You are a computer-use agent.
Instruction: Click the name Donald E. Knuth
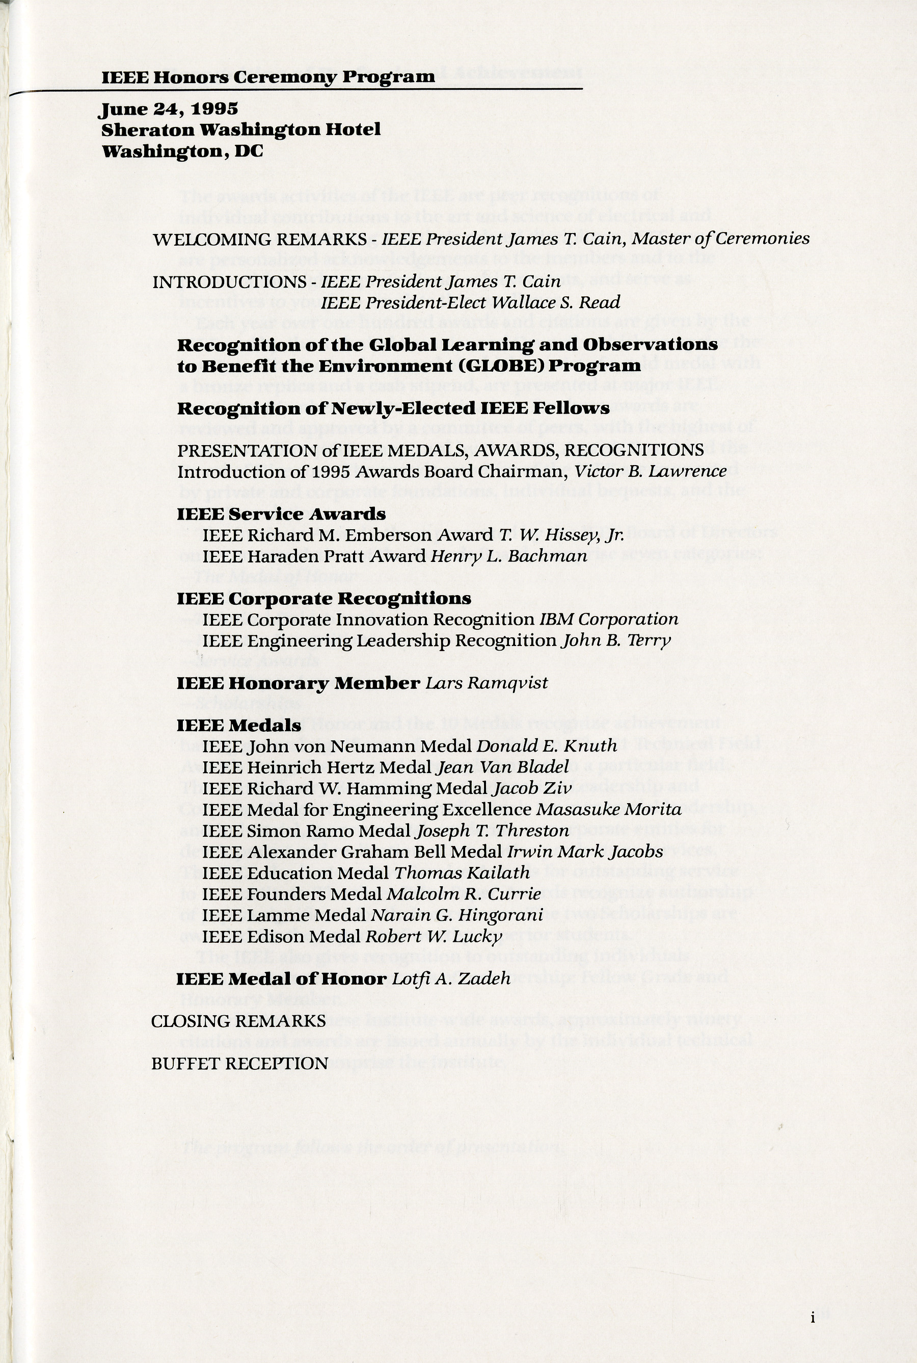pos(547,745)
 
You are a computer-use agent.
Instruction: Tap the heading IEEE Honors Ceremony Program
pos(268,76)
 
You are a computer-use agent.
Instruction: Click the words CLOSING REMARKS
pos(238,1021)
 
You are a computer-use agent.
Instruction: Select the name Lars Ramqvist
pos(487,683)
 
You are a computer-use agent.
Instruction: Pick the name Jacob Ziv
pos(532,788)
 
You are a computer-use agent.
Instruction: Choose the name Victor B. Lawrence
pos(651,471)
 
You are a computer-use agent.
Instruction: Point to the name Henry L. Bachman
pos(508,556)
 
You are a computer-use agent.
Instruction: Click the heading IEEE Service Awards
pos(281,514)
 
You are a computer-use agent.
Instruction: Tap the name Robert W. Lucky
pos(434,936)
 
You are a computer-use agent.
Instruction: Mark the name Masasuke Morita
pos(609,809)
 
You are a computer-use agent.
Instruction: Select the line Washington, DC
pos(182,151)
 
